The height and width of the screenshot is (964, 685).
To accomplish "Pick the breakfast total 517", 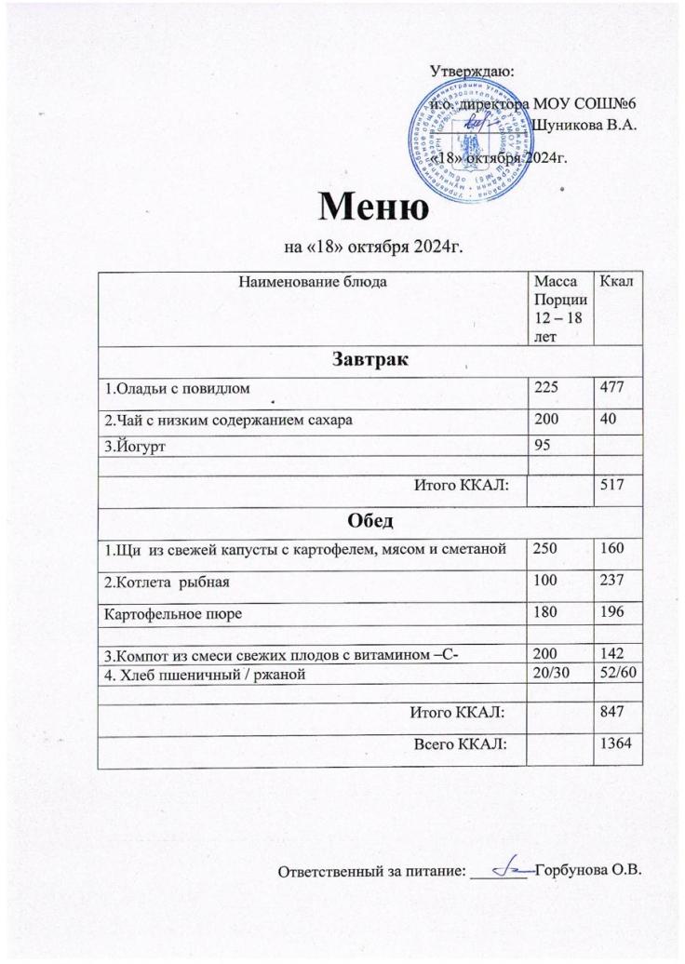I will click(610, 485).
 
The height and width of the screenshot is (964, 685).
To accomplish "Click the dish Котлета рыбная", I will click(167, 582).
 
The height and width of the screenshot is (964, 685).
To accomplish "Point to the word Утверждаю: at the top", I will click(477, 70).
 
